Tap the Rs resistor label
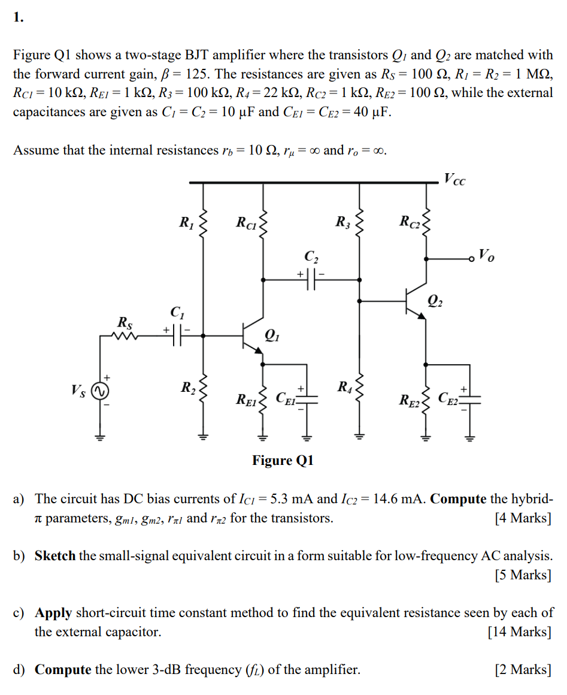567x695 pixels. tap(125, 323)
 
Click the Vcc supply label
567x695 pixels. tap(454, 178)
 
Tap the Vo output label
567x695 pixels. tap(487, 258)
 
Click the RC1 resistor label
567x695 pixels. tap(246, 223)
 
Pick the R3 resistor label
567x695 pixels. tap(342, 223)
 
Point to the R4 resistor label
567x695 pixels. tap(345, 386)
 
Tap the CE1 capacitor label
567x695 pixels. tap(287, 398)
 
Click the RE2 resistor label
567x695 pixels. tap(410, 399)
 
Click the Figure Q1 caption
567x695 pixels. tap(283, 460)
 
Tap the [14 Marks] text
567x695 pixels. tap(519, 631)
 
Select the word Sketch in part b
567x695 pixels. tap(55, 555)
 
